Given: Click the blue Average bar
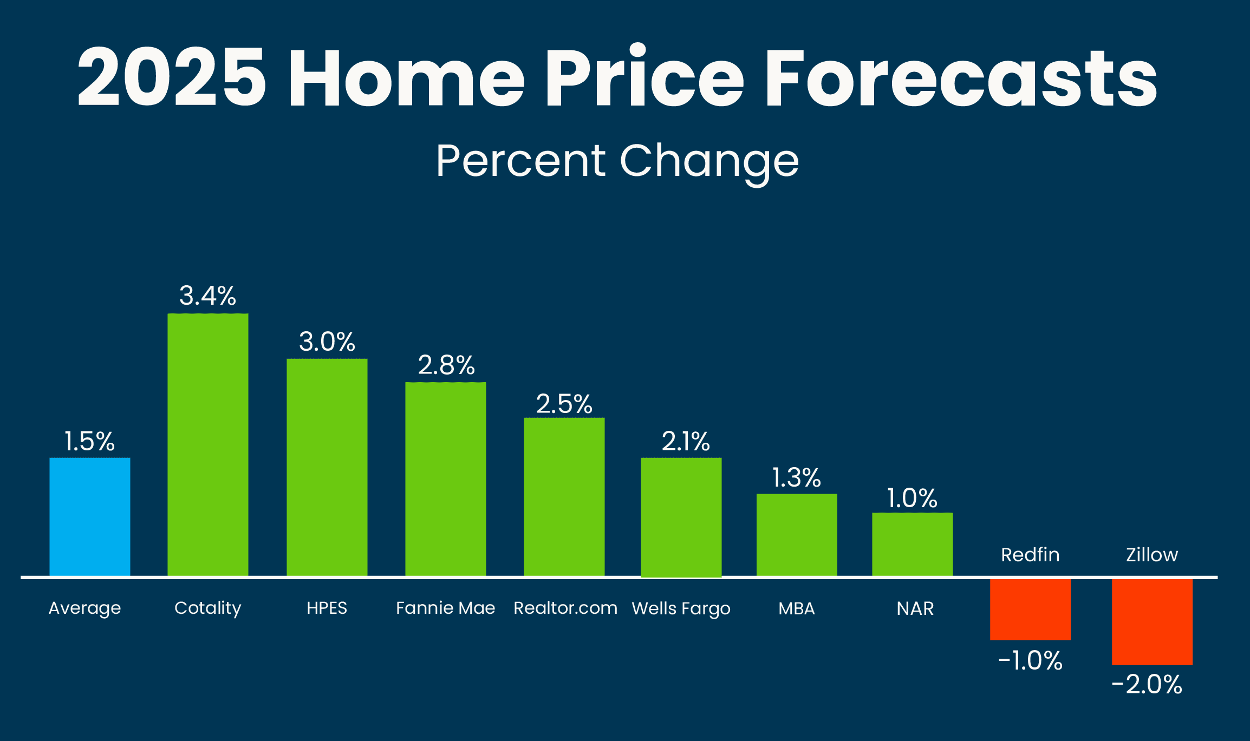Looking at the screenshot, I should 90,517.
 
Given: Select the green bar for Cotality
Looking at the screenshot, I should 208,445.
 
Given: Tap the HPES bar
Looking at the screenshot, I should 327,467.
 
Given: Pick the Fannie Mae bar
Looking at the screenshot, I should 445,479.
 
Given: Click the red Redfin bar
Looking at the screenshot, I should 1030,609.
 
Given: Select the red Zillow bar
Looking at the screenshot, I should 1152,621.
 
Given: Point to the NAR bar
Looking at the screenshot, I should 912,544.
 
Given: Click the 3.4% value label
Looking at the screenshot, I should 208,296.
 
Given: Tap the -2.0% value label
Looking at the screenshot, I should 1147,685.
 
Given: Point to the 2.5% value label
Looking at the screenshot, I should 564,404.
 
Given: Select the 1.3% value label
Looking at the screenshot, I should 796,478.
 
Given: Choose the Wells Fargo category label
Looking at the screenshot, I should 681,608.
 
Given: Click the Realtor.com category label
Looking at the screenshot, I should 565,608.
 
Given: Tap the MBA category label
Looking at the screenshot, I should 797,608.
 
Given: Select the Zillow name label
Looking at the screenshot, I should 1152,555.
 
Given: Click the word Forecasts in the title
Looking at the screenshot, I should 960,77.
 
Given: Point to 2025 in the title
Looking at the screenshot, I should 172,77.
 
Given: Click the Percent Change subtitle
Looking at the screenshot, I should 617,161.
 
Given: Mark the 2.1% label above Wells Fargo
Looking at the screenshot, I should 686,442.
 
